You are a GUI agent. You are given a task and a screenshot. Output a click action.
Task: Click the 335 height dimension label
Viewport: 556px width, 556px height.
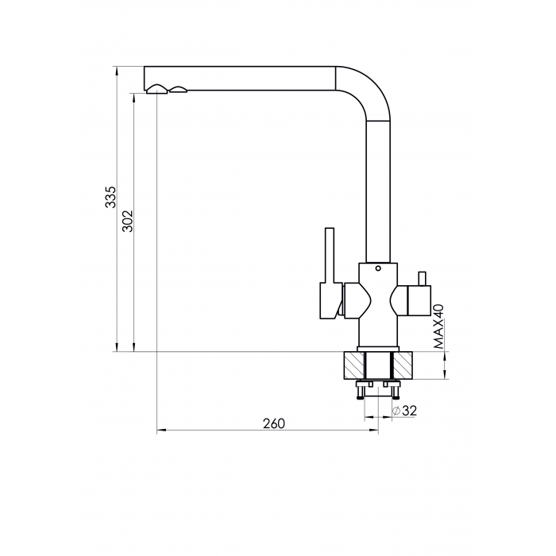tap(111, 197)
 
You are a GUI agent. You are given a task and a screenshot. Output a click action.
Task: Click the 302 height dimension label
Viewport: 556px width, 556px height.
tap(127, 221)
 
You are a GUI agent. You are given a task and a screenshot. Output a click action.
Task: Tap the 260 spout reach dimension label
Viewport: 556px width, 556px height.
tap(274, 423)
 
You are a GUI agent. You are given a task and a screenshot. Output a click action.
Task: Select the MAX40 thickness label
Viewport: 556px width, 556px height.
tap(438, 327)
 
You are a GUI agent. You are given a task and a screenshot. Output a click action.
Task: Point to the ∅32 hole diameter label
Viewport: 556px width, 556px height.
tap(404, 411)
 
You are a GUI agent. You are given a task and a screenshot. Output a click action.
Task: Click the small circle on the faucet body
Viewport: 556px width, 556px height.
tap(378, 268)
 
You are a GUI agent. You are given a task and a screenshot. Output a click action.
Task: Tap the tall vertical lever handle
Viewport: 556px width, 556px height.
tap(330, 255)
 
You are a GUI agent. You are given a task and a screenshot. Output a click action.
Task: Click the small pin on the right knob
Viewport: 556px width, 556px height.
tap(422, 279)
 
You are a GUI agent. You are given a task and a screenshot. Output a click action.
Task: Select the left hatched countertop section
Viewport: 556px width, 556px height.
tap(354, 365)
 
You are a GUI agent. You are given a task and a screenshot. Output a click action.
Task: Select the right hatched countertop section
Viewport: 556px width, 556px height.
tap(403, 365)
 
